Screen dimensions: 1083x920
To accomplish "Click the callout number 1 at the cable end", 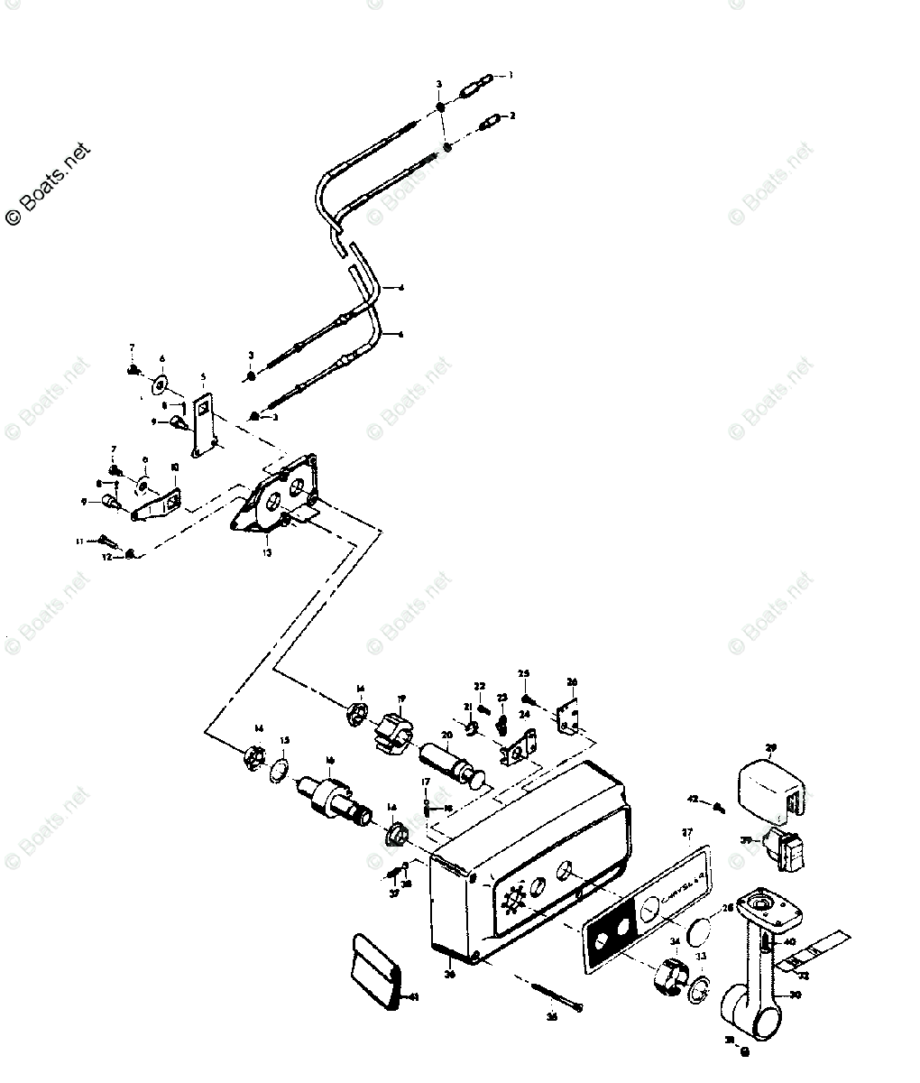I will (511, 76).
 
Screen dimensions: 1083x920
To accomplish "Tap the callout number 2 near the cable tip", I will (512, 116).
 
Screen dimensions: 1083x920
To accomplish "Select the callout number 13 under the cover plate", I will (267, 553).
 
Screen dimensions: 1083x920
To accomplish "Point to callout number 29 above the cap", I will (770, 747).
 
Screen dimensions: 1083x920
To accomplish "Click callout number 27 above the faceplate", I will (687, 831).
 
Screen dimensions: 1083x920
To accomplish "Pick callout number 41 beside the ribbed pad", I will (414, 997).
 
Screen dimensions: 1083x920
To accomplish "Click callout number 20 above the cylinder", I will (446, 734).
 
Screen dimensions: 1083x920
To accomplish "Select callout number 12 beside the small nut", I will (106, 557).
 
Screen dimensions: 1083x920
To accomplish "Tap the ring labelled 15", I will (281, 768).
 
